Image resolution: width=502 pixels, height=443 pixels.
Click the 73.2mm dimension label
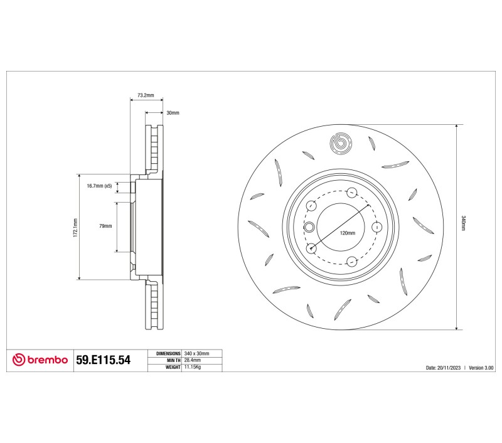pyautogui.click(x=146, y=95)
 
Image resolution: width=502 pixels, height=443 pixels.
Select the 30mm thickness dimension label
pyautogui.click(x=173, y=113)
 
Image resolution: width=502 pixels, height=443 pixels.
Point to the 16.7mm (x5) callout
pyautogui.click(x=99, y=186)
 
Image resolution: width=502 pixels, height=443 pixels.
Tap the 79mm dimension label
pyautogui.click(x=105, y=226)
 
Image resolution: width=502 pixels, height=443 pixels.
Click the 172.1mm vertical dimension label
pyautogui.click(x=75, y=228)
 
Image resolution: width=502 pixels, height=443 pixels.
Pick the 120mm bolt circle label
pyautogui.click(x=348, y=233)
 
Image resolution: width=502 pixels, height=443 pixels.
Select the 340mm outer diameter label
pyautogui.click(x=463, y=223)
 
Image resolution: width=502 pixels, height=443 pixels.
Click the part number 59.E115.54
pyautogui.click(x=103, y=360)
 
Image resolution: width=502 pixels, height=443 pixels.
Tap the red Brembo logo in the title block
pyautogui.click(x=40, y=360)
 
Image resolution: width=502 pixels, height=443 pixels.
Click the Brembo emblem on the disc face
pyautogui.click(x=341, y=143)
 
